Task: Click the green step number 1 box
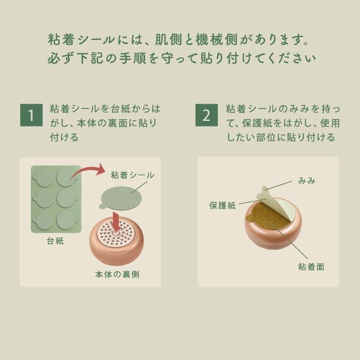tap(31, 115)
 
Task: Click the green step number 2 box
tap(206, 115)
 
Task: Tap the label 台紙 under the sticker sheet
tap(55, 242)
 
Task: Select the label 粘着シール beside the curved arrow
tap(133, 175)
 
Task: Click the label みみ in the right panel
tap(307, 181)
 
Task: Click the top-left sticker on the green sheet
tap(44, 179)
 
